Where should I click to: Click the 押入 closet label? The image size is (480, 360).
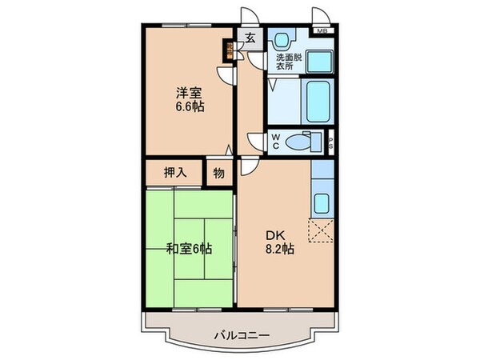coord(175,173)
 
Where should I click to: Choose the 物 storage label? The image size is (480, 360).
coord(218,173)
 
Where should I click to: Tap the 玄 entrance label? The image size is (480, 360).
coord(250,38)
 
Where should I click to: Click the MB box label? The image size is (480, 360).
coord(322,31)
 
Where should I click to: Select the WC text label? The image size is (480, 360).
coord(274,142)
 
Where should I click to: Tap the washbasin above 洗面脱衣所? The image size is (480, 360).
coord(283,39)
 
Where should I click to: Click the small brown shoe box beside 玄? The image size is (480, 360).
coord(230,50)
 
